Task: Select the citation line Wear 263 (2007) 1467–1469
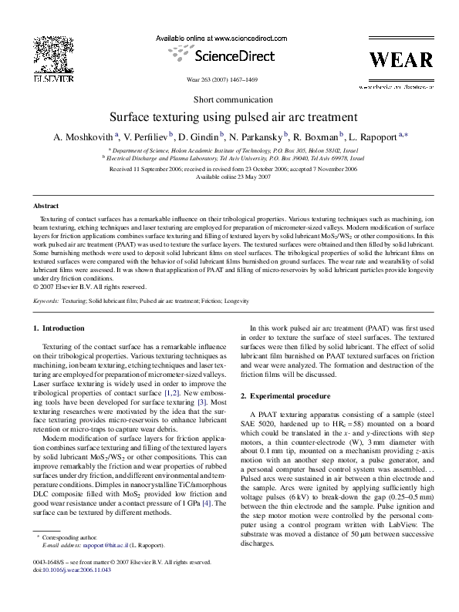(229, 79)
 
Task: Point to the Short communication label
(229, 101)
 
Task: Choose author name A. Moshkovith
(84, 137)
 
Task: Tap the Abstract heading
(46, 207)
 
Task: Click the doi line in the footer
(66, 591)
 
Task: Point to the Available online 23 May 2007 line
(229, 177)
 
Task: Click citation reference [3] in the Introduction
(202, 402)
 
